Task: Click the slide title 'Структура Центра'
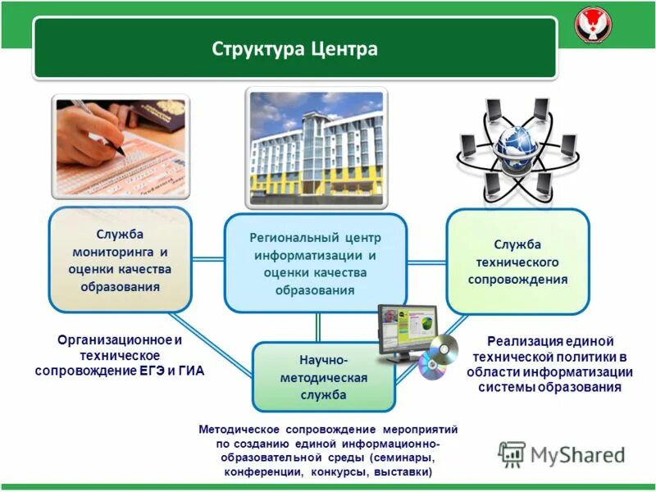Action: pos(295,48)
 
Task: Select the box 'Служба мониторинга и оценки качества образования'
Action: pos(120,261)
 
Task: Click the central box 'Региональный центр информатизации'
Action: pos(316,262)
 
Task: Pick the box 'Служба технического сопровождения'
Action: pos(517,262)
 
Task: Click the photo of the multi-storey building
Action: pos(317,152)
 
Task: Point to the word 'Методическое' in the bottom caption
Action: pos(238,430)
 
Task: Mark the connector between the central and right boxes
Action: pos(426,262)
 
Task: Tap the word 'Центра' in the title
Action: pos(344,48)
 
